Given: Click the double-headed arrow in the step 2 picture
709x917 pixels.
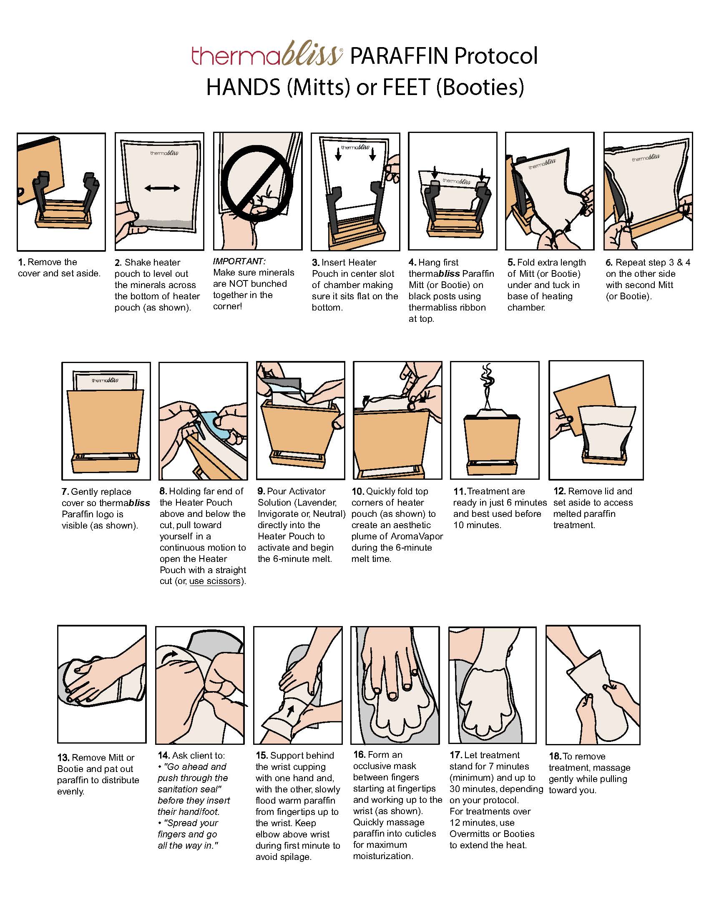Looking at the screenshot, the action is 162,188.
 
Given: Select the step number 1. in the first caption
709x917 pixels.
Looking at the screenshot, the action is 22,263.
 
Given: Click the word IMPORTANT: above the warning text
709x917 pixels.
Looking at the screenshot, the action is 239,261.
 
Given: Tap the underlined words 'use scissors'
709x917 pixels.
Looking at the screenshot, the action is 215,581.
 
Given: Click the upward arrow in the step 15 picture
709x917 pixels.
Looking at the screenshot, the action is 290,711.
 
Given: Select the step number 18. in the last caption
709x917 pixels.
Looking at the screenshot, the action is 555,756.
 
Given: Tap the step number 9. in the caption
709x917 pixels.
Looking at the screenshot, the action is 261,491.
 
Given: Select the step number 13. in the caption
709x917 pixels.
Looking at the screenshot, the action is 63,757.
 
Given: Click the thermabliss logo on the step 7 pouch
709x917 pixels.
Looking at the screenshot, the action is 105,381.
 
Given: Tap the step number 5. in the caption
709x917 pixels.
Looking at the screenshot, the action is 511,263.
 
